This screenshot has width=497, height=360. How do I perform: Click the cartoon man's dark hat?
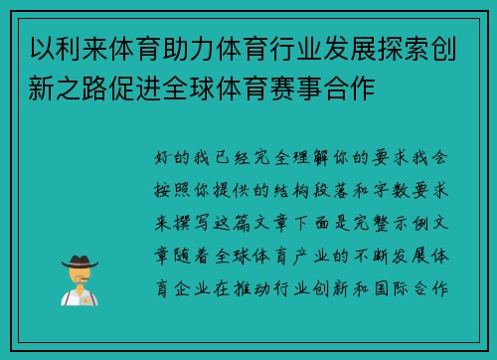pyautogui.click(x=79, y=263)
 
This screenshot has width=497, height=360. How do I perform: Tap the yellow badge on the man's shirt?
pyautogui.click(x=85, y=298)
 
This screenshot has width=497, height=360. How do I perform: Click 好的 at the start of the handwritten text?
pyautogui.click(x=168, y=156)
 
